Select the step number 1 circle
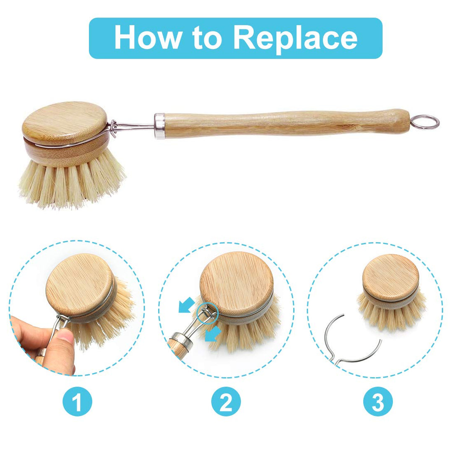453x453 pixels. click(77, 402)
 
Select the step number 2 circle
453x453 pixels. click(226, 402)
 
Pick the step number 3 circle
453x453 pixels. click(377, 402)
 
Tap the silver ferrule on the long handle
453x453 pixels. click(159, 125)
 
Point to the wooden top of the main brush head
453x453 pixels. click(65, 120)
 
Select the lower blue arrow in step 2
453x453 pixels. click(214, 333)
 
